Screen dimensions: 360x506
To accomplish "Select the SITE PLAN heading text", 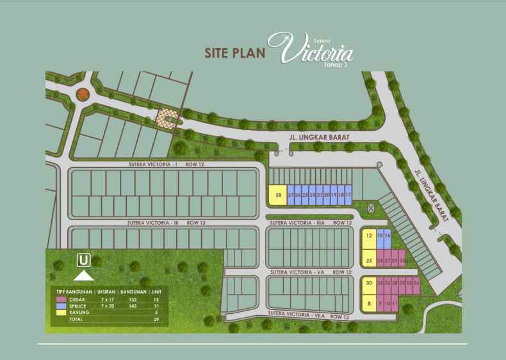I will pos(234,53).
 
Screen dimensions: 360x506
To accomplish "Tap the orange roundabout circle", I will pos(82,95).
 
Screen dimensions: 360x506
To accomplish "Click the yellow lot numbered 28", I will pos(277,195).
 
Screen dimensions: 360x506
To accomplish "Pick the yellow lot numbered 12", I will pos(368,236).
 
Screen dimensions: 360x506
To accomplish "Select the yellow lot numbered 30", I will pos(369,283).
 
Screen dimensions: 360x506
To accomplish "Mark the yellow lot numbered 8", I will pos(369,303).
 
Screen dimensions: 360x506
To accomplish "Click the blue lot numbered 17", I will pos(348,195).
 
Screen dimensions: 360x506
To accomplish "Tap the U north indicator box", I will pos(83,261).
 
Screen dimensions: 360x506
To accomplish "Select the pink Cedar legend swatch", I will pos(60,299).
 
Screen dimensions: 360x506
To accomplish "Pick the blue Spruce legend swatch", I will pos(60,306).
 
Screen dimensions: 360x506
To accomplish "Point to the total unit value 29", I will pos(156,318).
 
